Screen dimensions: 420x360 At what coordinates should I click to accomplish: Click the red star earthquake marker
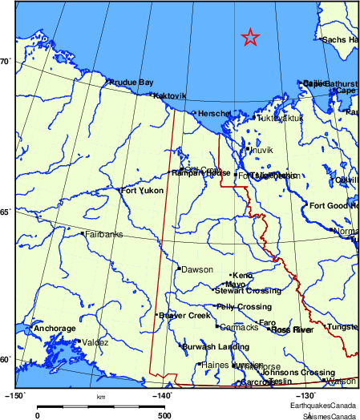(x=250, y=37)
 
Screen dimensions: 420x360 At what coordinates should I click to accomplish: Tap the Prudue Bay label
(x=131, y=82)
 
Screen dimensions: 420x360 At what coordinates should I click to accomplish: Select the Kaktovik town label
(x=169, y=95)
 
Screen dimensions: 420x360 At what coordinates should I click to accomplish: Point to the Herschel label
(x=214, y=114)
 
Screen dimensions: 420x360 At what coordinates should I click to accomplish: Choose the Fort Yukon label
(x=142, y=191)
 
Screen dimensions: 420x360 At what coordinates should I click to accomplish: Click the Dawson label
(x=196, y=269)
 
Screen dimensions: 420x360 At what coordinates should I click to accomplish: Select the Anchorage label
(x=55, y=329)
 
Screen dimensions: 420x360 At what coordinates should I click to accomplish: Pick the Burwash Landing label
(x=216, y=346)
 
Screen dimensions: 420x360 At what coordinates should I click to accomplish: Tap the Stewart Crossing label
(x=247, y=291)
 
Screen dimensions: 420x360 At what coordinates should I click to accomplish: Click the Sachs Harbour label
(x=340, y=39)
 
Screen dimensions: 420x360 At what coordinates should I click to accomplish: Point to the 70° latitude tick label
(x=6, y=61)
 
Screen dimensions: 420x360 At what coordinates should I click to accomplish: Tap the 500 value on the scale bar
(x=163, y=415)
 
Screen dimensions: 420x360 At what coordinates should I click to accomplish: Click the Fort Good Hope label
(x=334, y=206)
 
